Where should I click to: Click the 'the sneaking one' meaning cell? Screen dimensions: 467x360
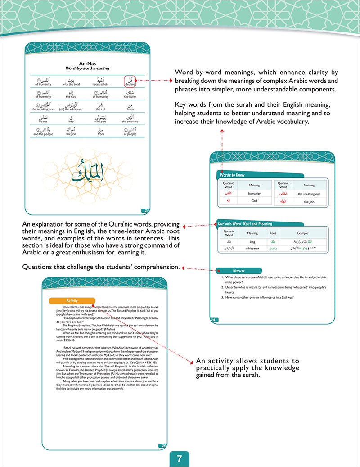[x=309, y=194]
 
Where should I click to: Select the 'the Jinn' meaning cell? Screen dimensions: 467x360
[x=309, y=202]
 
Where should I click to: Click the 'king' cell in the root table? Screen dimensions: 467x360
[x=252, y=242]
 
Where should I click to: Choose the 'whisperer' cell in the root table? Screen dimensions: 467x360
[x=252, y=249]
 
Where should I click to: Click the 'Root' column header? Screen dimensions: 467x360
[x=273, y=233]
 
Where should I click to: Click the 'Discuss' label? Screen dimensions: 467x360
[x=239, y=271]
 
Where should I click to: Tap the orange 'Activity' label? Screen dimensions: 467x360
[x=72, y=300]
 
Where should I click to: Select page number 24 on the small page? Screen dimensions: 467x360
[x=214, y=320]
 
